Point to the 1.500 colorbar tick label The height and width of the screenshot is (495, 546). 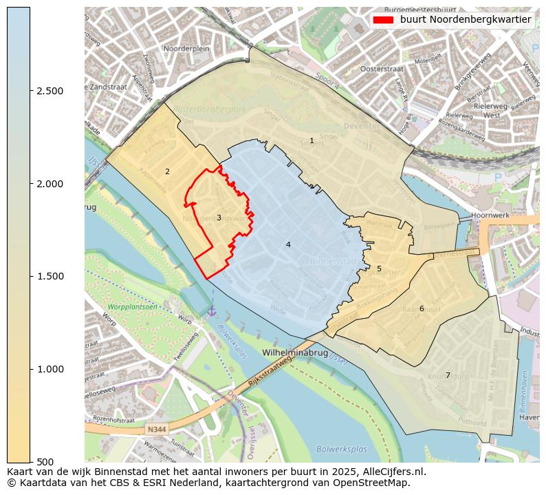(x=50, y=277)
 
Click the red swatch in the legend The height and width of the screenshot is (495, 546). (x=383, y=20)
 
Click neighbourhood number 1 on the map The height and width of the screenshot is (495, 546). (x=312, y=140)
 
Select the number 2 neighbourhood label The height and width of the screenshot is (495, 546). (x=167, y=171)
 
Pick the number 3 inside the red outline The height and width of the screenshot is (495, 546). (x=219, y=218)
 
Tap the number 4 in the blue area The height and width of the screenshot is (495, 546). (x=288, y=244)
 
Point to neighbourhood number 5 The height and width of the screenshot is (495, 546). (x=379, y=268)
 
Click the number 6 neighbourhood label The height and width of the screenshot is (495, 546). (x=422, y=308)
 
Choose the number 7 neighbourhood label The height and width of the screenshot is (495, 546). (x=448, y=375)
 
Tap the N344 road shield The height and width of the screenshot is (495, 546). (x=157, y=430)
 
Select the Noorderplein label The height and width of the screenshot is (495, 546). (x=186, y=49)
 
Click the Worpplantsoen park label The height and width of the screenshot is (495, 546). (x=132, y=306)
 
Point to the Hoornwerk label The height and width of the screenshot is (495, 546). (x=490, y=215)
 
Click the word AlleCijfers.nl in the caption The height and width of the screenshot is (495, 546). (x=386, y=472)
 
